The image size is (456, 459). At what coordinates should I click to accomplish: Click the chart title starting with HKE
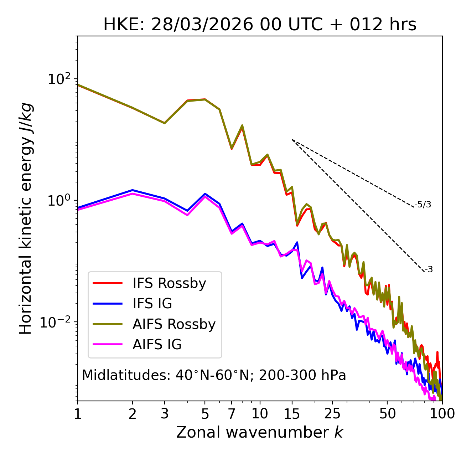260,25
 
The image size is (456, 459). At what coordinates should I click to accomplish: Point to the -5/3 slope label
423,205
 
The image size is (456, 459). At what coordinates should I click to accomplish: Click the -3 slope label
429,269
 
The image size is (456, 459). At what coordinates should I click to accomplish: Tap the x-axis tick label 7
232,414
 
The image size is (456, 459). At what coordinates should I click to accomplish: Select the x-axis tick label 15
292,414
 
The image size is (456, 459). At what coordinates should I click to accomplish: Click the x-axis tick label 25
332,414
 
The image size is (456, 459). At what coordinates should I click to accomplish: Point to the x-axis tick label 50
387,414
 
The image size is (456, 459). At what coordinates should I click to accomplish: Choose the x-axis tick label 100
442,414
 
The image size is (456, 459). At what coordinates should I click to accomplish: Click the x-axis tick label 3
164,414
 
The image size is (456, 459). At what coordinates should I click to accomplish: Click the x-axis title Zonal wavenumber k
260,432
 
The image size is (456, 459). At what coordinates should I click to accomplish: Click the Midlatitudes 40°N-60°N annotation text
214,375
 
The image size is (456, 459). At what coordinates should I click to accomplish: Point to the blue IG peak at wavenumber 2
133,190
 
